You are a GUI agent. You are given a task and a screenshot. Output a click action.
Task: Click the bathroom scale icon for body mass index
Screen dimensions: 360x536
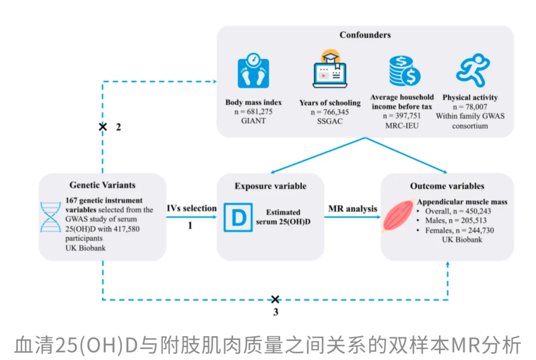click(253, 71)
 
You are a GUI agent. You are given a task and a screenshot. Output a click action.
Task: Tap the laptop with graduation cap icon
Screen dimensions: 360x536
click(330, 69)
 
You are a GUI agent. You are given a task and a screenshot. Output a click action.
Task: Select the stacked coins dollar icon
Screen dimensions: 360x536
click(403, 70)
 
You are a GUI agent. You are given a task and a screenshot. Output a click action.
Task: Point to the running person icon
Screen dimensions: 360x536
click(472, 70)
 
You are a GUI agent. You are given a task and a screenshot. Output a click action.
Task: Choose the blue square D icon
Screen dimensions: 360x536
click(239, 217)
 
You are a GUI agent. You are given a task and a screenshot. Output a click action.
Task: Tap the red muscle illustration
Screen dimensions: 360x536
click(399, 217)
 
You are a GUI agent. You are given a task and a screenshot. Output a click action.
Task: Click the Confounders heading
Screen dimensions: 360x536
click(365, 35)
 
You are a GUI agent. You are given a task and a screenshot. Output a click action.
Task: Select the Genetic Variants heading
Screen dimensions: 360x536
click(102, 185)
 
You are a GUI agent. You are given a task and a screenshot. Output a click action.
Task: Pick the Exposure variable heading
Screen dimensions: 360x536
click(270, 186)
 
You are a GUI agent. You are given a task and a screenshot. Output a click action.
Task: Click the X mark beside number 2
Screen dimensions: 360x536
click(103, 127)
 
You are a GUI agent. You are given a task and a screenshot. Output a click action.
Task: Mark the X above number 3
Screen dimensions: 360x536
click(275, 300)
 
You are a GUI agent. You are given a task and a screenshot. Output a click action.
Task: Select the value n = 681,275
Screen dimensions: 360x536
click(253, 112)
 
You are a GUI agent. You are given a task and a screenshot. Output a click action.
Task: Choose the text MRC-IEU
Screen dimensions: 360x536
click(402, 126)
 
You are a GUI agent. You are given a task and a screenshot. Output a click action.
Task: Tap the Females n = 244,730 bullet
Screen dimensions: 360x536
click(459, 230)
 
